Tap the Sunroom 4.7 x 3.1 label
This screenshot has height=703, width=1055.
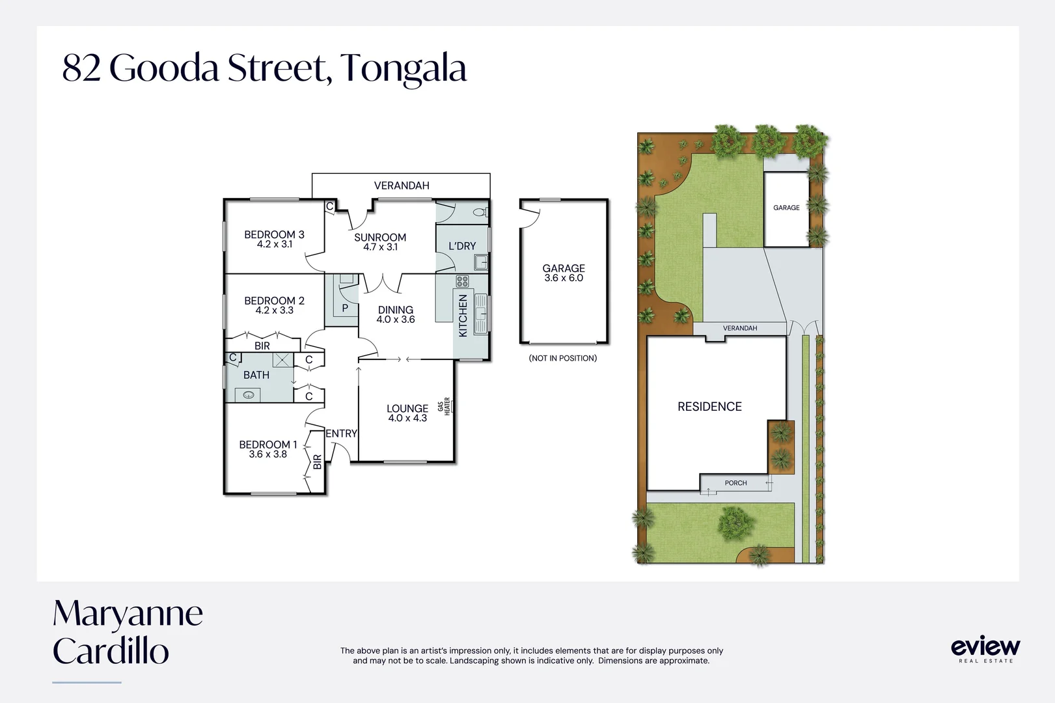(380, 241)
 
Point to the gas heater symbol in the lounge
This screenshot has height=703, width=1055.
(447, 406)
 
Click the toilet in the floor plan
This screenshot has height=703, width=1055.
(481, 212)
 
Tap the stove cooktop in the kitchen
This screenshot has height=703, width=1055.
(462, 281)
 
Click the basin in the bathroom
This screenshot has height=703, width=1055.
(248, 395)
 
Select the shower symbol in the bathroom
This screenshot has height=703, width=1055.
(282, 360)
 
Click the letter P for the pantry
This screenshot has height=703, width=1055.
(345, 308)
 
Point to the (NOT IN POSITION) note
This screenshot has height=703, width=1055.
(563, 358)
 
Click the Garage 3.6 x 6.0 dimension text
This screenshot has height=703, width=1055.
(564, 278)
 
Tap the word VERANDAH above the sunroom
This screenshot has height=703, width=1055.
(402, 186)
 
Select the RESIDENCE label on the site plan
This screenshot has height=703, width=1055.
(710, 407)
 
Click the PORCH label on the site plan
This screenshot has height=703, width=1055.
(735, 483)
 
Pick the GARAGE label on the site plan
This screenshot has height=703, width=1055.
(787, 207)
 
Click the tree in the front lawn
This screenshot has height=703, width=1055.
(735, 523)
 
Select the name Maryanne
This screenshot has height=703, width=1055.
(128, 614)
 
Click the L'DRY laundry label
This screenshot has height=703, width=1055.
(462, 246)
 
